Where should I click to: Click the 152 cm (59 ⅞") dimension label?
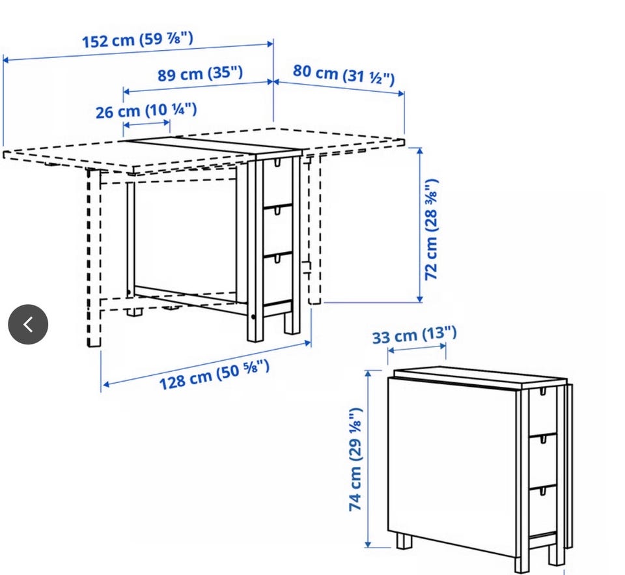(x=137, y=40)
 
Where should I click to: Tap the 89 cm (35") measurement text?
(x=200, y=74)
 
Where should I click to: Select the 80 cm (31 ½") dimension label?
(x=344, y=75)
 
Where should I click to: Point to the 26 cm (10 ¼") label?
(x=146, y=111)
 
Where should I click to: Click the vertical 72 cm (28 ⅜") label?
(x=431, y=229)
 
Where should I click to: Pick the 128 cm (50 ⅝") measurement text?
(x=214, y=374)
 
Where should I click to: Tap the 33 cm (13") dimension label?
(x=415, y=335)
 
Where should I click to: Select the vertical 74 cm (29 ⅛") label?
(x=355, y=459)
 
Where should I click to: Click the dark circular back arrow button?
(x=28, y=324)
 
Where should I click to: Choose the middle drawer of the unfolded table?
(x=277, y=231)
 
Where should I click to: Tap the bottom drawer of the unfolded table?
(x=277, y=278)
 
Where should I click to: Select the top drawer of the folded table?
(x=542, y=412)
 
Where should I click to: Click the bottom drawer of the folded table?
(x=542, y=511)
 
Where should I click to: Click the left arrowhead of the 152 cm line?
(x=6, y=60)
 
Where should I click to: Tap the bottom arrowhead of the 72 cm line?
(x=419, y=299)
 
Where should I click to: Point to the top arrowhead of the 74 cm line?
(x=368, y=374)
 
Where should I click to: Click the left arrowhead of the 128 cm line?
(x=106, y=384)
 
